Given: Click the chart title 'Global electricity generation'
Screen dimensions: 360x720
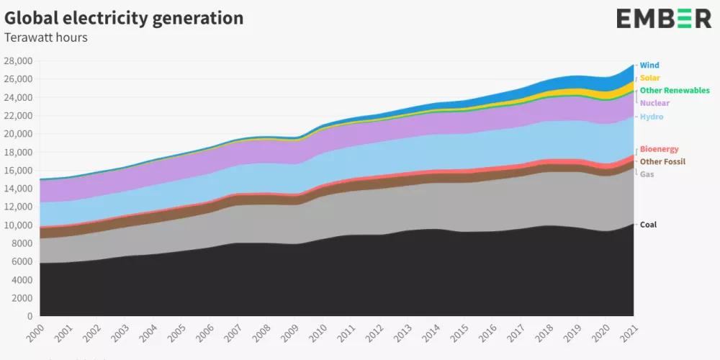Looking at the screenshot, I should [x=124, y=18].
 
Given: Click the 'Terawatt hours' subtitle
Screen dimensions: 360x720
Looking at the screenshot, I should [x=46, y=37].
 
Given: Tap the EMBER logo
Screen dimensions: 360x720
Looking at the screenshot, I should [x=663, y=19].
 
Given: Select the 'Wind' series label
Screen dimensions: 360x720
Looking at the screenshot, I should [x=649, y=66].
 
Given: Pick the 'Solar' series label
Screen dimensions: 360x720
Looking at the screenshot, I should [x=650, y=78].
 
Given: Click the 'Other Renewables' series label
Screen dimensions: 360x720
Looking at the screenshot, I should [x=675, y=91].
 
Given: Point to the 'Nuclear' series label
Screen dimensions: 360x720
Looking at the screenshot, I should [x=654, y=103].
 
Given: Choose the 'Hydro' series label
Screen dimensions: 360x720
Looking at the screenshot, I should [x=652, y=117].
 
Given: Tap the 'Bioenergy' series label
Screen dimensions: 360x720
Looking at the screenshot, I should [x=659, y=149].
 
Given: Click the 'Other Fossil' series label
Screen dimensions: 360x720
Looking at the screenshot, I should [x=663, y=162].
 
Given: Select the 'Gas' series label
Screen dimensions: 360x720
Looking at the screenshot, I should [x=647, y=174].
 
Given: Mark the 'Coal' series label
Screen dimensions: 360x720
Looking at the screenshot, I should [x=648, y=225].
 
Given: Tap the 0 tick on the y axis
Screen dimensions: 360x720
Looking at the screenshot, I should [x=30, y=316].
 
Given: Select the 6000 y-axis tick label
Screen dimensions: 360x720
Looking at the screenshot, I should [x=22, y=261].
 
